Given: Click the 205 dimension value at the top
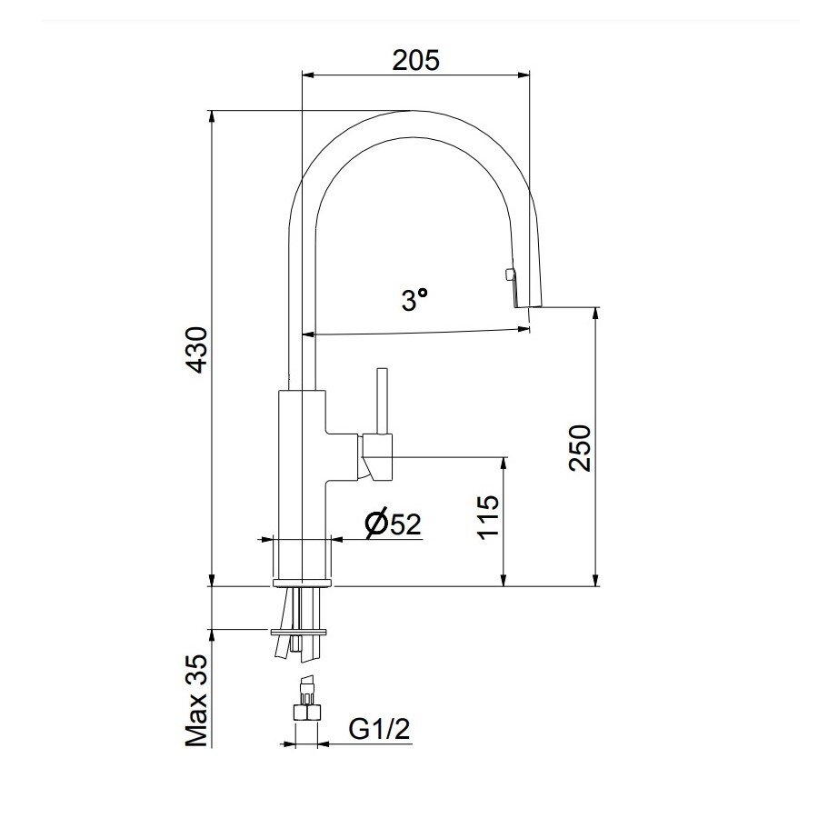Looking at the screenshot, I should click(x=415, y=61).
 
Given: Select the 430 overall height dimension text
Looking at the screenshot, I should click(x=198, y=350).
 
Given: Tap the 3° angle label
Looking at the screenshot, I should click(x=414, y=300).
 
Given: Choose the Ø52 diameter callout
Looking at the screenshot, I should click(x=393, y=524).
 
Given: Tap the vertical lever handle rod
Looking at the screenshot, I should click(x=381, y=401).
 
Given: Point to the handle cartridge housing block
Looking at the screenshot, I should click(x=376, y=457).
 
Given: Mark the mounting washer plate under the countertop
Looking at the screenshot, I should click(x=299, y=629).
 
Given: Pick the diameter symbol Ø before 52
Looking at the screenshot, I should click(x=376, y=524).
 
